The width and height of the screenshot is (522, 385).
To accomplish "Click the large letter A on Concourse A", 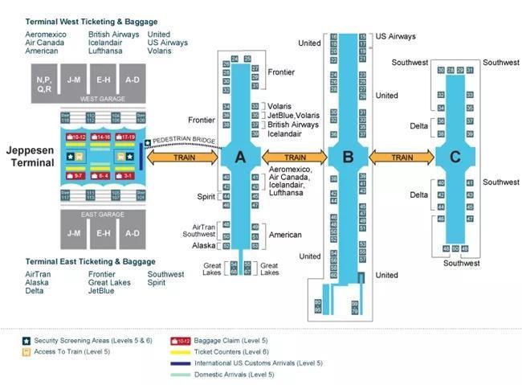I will [x=239, y=158].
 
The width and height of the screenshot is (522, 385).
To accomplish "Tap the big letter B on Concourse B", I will [x=348, y=158].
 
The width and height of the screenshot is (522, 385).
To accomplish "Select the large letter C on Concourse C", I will [x=455, y=158].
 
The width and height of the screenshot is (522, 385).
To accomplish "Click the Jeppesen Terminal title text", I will [x=30, y=156].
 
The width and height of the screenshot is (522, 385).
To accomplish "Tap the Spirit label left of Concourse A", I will [x=206, y=196].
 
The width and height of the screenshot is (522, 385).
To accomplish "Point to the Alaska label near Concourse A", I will [x=204, y=245].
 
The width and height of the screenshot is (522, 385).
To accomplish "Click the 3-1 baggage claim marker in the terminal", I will [x=127, y=174].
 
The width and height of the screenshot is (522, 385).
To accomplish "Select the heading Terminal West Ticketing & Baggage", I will [x=92, y=22].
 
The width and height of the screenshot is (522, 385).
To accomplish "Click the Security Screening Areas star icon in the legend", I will [x=27, y=341].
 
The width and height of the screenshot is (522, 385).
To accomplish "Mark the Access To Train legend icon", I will [x=27, y=352].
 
